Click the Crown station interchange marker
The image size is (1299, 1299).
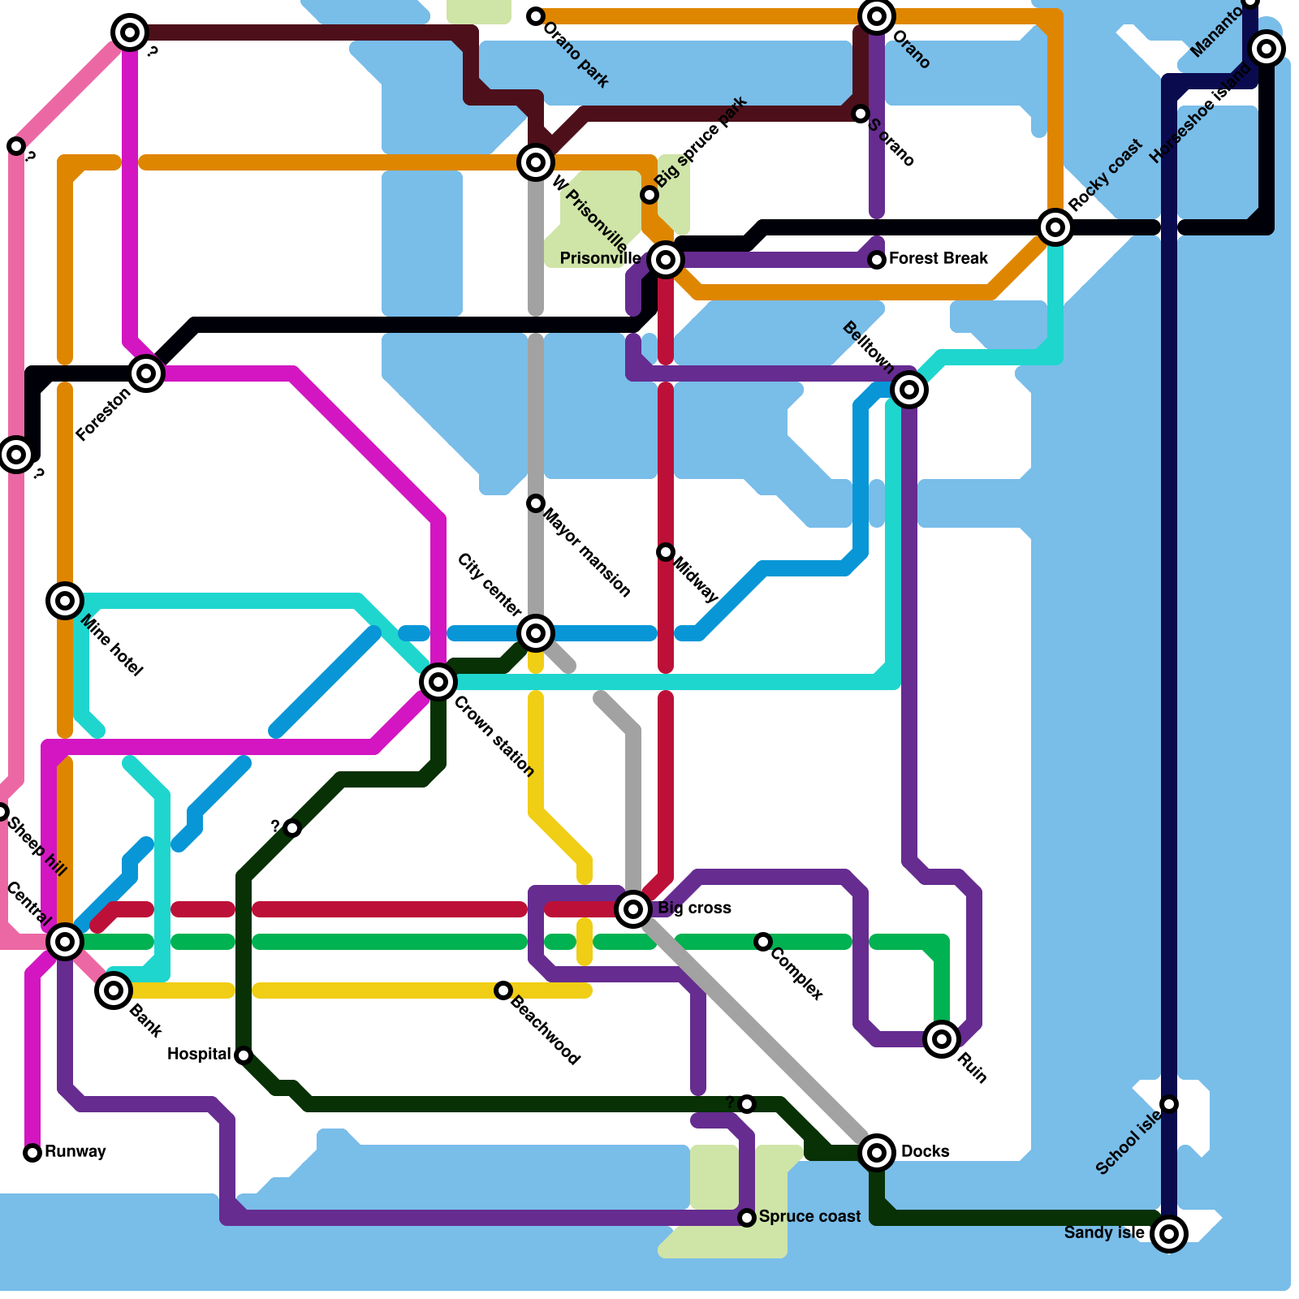point(438,682)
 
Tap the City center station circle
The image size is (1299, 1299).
point(536,633)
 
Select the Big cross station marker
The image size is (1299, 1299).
point(633,908)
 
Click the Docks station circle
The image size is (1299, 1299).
point(877,1152)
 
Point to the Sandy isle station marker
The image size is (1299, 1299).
point(1169,1234)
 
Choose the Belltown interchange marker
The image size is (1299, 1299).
point(909,390)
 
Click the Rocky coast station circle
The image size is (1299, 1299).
point(1055,227)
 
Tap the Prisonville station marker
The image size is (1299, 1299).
point(666,260)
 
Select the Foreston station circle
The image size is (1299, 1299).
point(146,373)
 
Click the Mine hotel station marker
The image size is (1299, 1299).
point(65,601)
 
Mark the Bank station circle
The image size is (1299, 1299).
point(114,990)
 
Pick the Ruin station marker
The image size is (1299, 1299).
point(942,1038)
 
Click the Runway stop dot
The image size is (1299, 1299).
point(32,1153)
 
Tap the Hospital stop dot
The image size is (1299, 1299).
point(244,1055)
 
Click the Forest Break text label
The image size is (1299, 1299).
point(939,258)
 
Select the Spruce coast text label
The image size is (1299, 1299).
point(809,1216)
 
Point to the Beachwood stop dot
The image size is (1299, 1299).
point(503,990)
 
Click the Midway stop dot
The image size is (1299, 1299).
point(666,552)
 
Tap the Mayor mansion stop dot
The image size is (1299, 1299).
point(536,503)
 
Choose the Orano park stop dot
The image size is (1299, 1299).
point(536,16)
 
